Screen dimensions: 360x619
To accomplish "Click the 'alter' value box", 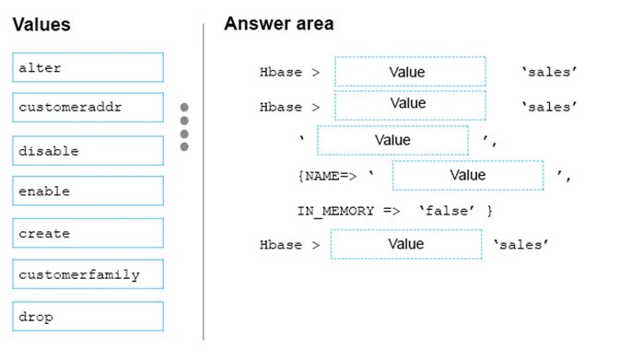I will click(88, 67).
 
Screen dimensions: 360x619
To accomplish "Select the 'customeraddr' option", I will click(88, 108).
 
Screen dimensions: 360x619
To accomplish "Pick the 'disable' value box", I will click(88, 150).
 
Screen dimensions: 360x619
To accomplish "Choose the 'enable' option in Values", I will click(88, 192).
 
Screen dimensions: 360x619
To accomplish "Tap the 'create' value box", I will click(88, 233).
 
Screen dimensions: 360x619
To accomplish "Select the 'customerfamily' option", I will click(88, 274).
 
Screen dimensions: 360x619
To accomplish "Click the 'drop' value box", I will click(88, 316).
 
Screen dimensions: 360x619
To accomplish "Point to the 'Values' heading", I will click(41, 25).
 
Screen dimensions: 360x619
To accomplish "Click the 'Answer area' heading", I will click(278, 24).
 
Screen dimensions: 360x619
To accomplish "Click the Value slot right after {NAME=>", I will click(467, 175).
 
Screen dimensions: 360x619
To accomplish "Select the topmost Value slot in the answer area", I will click(409, 72).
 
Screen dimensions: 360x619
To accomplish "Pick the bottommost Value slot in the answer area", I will click(405, 244).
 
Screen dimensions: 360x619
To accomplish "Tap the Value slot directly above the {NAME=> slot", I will click(392, 140).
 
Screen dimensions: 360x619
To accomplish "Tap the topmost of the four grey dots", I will click(184, 108).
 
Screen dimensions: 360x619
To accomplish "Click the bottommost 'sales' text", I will click(521, 245).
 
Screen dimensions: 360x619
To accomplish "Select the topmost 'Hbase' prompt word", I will click(281, 72).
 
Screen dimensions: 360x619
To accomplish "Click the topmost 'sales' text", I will click(548, 72).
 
